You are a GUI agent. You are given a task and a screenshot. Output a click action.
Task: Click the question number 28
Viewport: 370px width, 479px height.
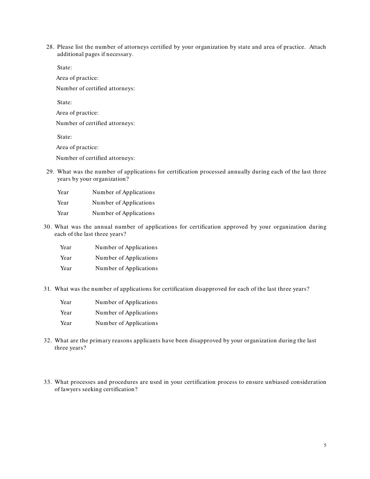(x=50, y=47)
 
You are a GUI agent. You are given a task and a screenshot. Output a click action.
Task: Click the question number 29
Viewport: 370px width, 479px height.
(x=50, y=172)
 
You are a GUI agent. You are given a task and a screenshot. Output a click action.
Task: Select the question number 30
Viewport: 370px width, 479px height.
(x=48, y=227)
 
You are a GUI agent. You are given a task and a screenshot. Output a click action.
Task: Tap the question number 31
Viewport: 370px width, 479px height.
(x=47, y=289)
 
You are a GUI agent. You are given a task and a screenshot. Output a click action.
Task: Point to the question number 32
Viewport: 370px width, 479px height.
(x=48, y=341)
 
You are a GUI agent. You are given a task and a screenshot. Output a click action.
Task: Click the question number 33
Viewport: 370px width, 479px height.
(x=48, y=382)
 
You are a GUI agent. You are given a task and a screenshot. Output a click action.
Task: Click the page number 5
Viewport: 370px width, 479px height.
(x=325, y=446)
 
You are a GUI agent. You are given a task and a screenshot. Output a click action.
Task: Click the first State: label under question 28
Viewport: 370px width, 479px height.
(x=64, y=68)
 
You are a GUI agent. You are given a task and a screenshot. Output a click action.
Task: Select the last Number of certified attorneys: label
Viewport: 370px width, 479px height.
(x=95, y=158)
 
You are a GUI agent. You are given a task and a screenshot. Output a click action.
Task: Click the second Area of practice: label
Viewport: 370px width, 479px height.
(x=77, y=113)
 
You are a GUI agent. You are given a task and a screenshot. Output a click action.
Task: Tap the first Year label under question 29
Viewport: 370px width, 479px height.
(x=63, y=192)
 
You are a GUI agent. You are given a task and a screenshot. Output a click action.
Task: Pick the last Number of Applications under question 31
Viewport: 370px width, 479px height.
(x=127, y=323)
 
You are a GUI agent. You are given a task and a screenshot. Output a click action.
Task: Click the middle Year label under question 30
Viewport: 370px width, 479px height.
(x=66, y=258)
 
